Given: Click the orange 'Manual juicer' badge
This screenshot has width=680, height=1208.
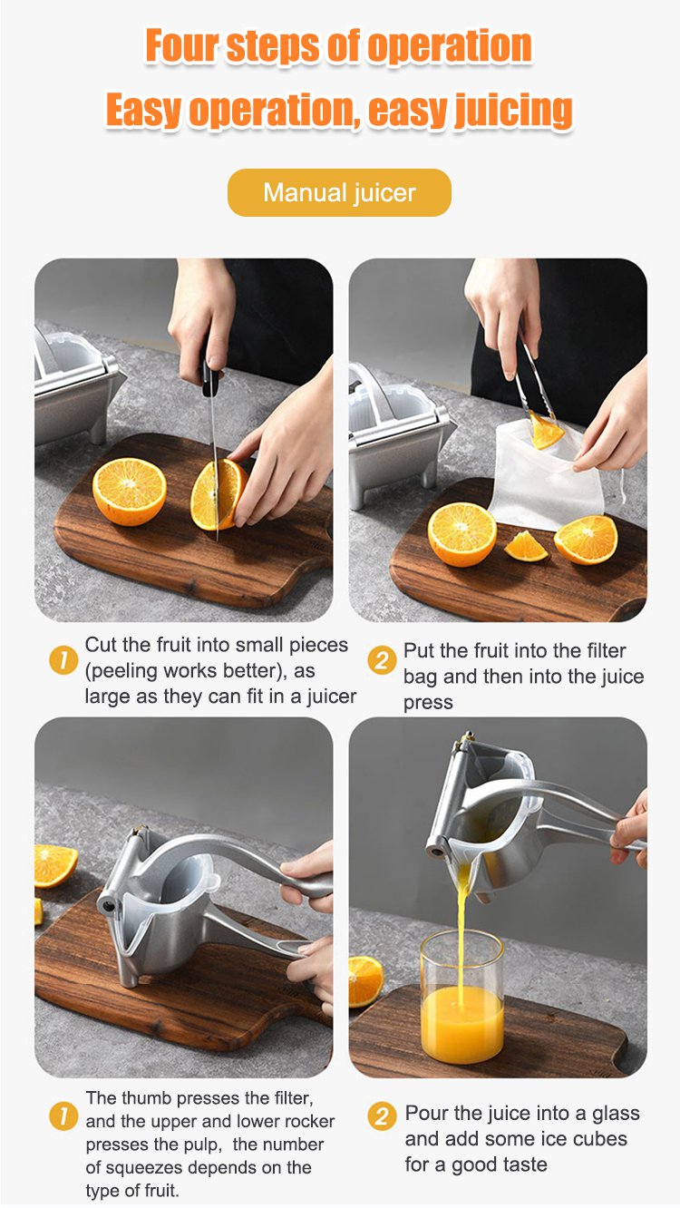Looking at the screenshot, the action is coord(339,192).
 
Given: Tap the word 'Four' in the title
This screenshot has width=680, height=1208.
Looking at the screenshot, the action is coord(181,45).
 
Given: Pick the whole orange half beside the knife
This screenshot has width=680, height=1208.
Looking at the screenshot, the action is coord(130,492).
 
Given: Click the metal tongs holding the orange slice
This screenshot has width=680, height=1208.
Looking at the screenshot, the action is coord(533,377).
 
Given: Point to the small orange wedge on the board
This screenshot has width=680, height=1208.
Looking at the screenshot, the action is coord(525,547).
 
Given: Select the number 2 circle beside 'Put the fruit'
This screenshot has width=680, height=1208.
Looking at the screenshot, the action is coord(382,660).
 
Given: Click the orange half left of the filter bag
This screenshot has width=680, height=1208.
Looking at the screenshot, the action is coord(462,534).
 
